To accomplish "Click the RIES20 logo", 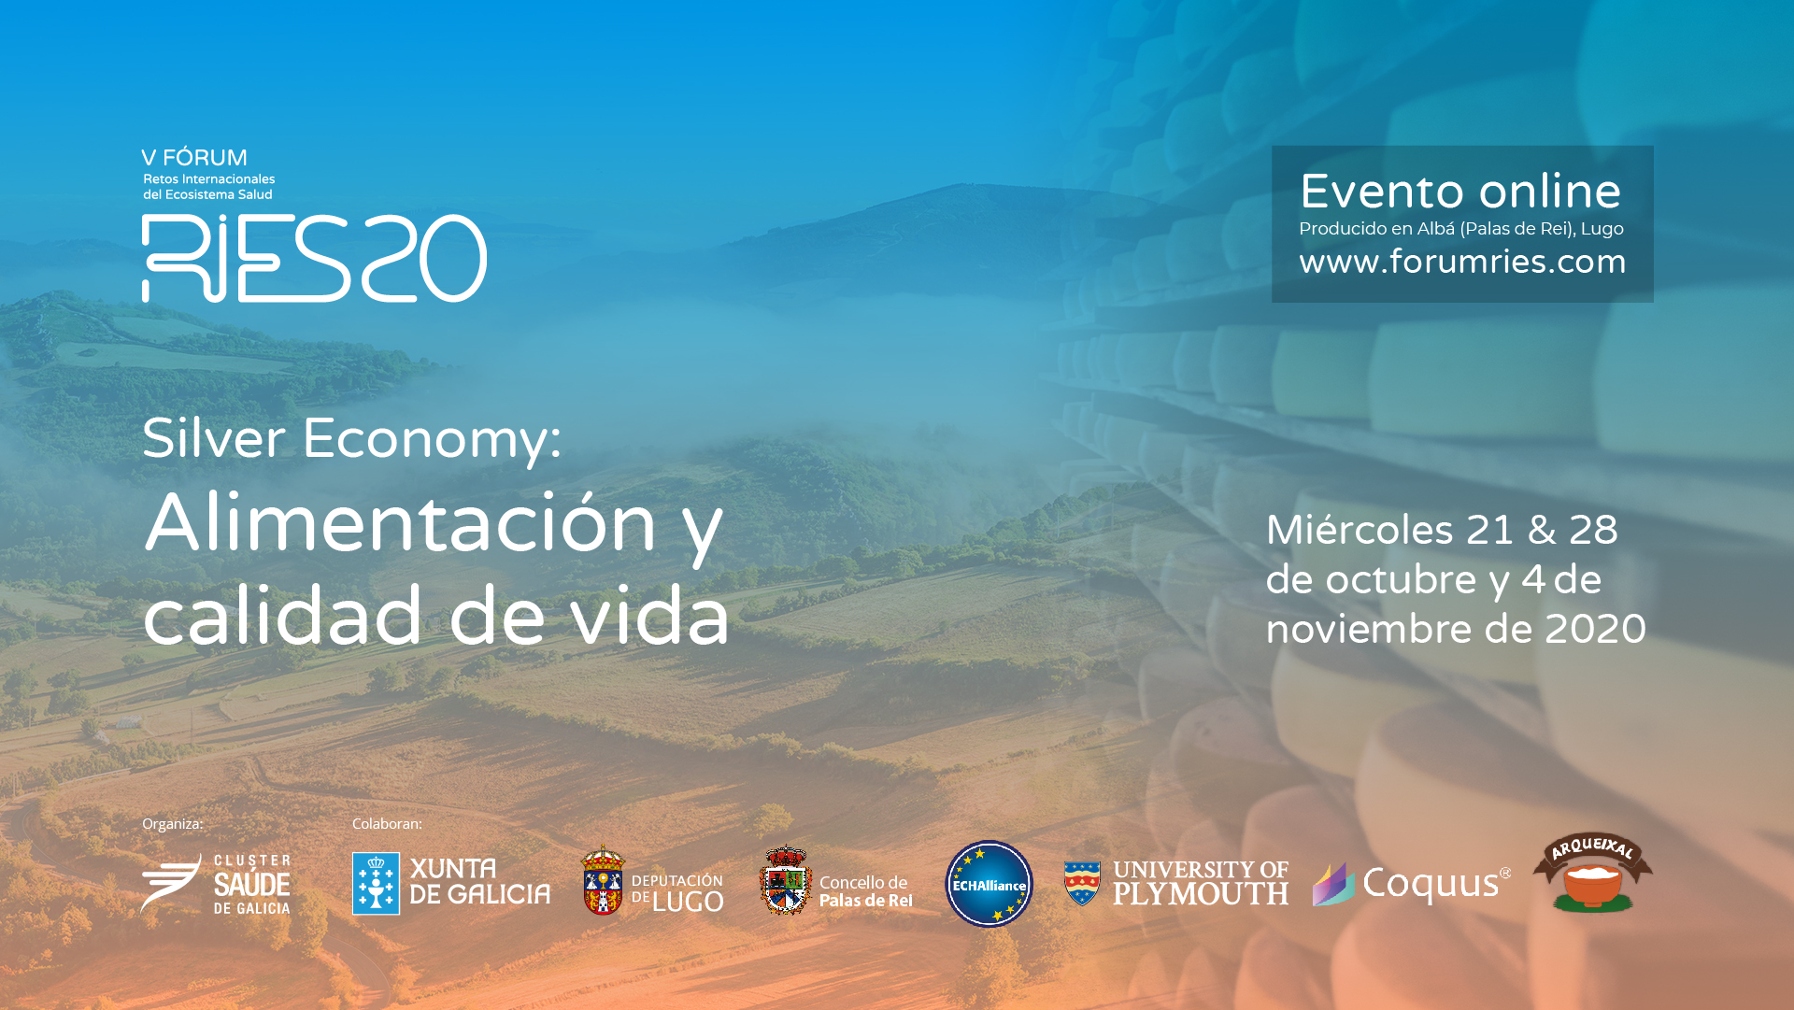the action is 314,258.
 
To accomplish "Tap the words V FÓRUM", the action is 194,157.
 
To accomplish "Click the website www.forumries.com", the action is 1462,263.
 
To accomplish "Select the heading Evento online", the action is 1460,192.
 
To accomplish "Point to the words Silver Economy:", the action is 351,438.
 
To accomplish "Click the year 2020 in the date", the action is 1595,629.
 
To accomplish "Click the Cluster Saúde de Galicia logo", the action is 216,884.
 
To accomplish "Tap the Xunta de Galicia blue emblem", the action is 376,884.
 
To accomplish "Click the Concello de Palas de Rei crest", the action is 786,880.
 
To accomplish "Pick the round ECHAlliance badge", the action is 990,884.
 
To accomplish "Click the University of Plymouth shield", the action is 1082,883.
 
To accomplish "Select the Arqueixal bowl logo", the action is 1593,873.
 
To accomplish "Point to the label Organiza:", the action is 173,824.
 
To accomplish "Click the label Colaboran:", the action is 387,824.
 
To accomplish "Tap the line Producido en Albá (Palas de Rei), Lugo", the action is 1461,229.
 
